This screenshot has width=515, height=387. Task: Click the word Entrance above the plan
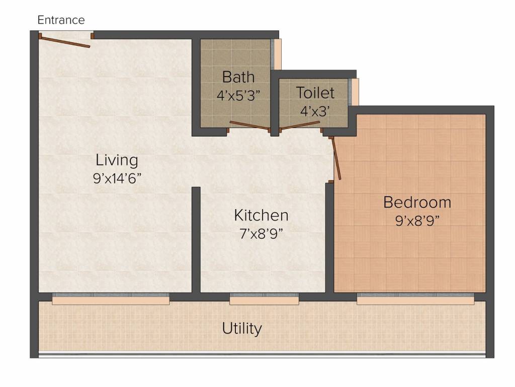pyautogui.click(x=61, y=20)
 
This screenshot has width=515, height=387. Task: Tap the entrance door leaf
pyautogui.click(x=65, y=42)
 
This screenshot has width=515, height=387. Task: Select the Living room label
pyautogui.click(x=117, y=161)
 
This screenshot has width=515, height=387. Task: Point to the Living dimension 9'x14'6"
pyautogui.click(x=117, y=179)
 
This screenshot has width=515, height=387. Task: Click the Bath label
pyautogui.click(x=238, y=77)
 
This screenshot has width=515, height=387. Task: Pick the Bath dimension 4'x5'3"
pyautogui.click(x=238, y=96)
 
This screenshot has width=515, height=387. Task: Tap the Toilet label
pyautogui.click(x=315, y=93)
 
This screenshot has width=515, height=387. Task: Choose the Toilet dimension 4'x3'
pyautogui.click(x=315, y=111)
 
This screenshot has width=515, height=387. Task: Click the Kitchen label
pyautogui.click(x=262, y=215)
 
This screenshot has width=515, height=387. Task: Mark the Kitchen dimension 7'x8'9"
pyautogui.click(x=262, y=234)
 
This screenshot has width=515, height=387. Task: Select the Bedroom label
pyautogui.click(x=417, y=202)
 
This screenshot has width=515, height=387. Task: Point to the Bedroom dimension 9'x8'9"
pyautogui.click(x=417, y=221)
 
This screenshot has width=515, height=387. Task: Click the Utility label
pyautogui.click(x=242, y=329)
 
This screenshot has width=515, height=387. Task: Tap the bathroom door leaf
pyautogui.click(x=249, y=125)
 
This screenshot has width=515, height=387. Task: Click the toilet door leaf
pyautogui.click(x=300, y=125)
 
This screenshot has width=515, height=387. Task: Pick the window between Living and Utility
pyautogui.click(x=111, y=298)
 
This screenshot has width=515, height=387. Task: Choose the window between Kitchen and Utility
pyautogui.click(x=264, y=298)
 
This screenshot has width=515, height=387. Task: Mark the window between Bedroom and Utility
pyautogui.click(x=415, y=298)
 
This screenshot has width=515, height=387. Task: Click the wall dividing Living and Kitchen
pyautogui.click(x=196, y=239)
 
